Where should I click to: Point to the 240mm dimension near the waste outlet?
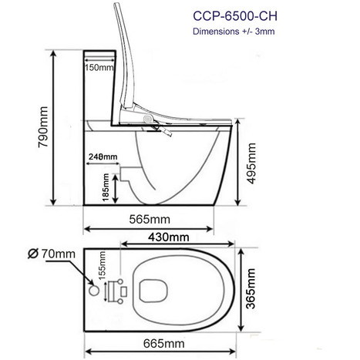102,157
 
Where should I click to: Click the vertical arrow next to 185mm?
116,187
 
